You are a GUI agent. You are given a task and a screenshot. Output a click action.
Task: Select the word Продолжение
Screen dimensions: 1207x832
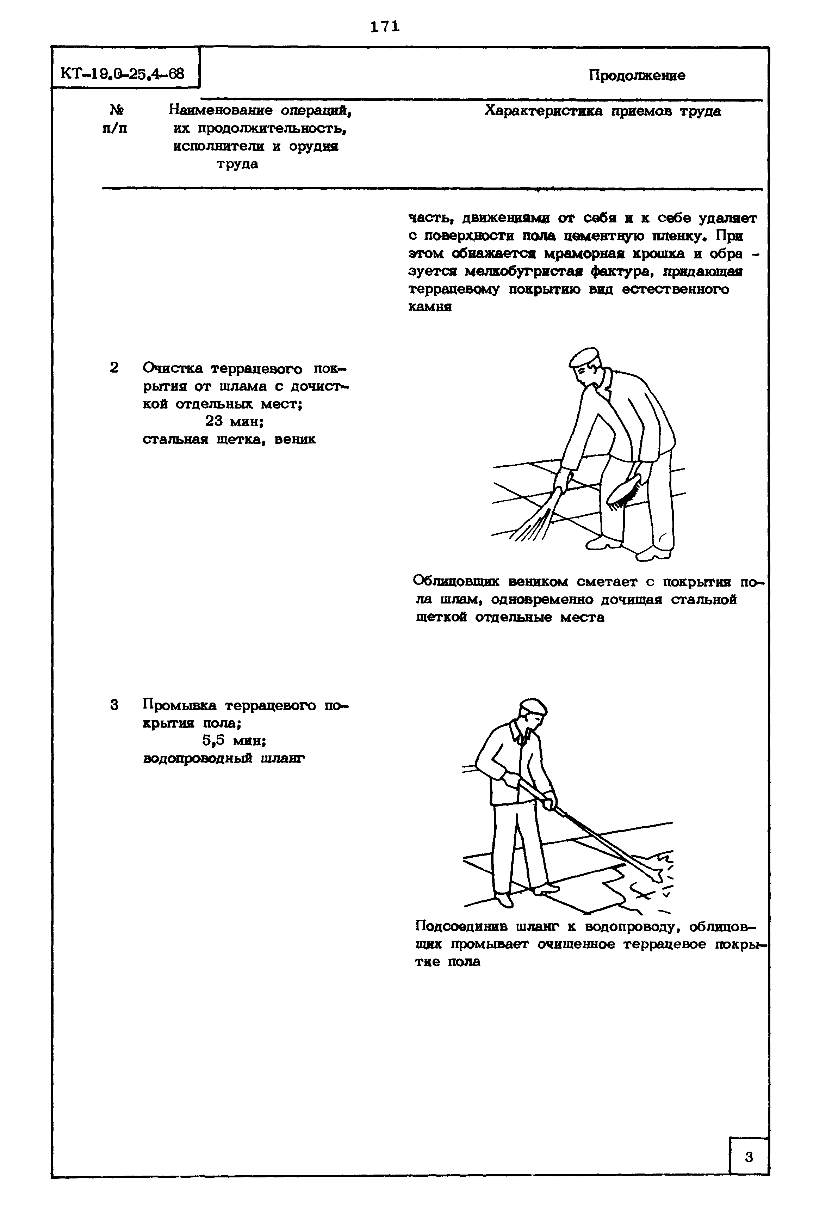[637, 76]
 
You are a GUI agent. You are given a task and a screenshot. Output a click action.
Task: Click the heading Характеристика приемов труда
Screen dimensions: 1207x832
[603, 111]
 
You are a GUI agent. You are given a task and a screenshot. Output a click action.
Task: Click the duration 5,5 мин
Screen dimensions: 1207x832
[234, 741]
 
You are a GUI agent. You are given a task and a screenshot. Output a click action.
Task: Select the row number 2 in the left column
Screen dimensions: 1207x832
[114, 368]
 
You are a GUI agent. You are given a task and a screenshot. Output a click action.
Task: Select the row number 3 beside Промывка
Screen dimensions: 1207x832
[114, 705]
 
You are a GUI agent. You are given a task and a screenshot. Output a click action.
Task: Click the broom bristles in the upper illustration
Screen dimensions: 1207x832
[532, 527]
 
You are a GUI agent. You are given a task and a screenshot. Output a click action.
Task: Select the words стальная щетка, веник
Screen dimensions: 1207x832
[229, 439]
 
